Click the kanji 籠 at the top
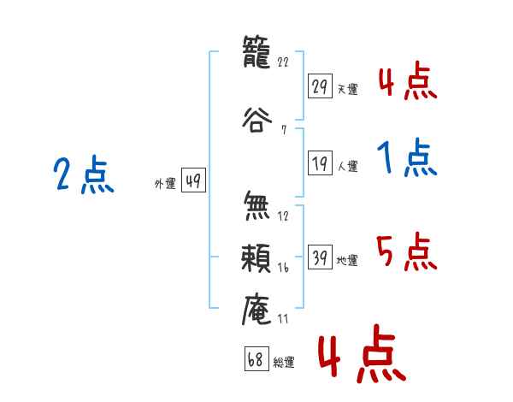(257, 54)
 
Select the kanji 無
(257, 206)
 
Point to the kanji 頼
(257, 256)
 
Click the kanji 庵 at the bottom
(257, 309)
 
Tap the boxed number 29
(320, 86)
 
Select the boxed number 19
(320, 163)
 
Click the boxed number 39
(320, 257)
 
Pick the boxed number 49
(193, 180)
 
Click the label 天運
(347, 89)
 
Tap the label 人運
(347, 166)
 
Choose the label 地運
(347, 260)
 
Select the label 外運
(165, 183)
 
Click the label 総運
(284, 363)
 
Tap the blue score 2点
(84, 175)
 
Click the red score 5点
(406, 252)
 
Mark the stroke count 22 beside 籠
(285, 62)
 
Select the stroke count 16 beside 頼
(284, 268)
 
